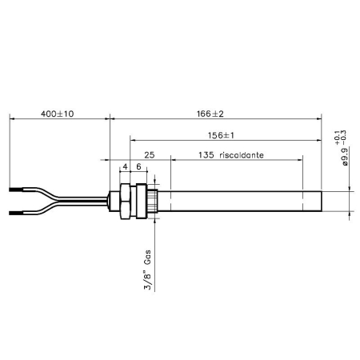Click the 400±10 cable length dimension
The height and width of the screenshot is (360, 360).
click(57, 114)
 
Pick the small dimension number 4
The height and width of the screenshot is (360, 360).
click(125, 167)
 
